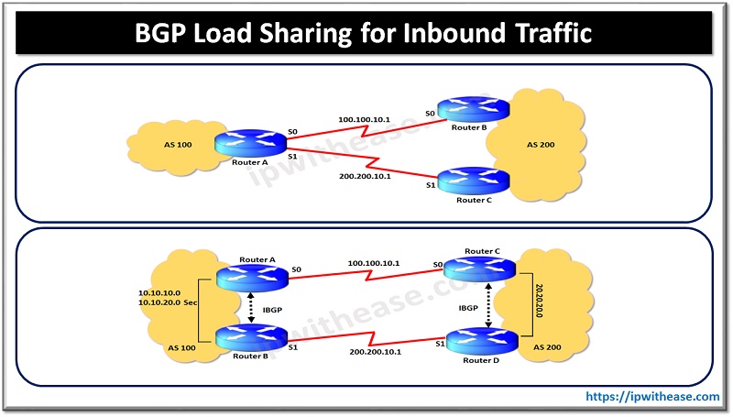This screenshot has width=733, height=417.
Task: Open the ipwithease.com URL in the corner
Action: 652,396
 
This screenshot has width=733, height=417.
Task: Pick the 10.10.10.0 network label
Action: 156,291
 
